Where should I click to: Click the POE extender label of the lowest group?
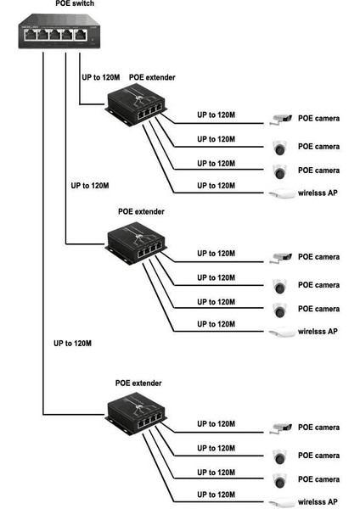pos(138,383)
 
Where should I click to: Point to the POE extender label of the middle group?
pos(141,211)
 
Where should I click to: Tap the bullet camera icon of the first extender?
pos(280,119)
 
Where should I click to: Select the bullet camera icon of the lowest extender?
pos(280,428)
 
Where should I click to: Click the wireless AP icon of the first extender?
pos(281,194)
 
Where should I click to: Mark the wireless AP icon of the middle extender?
pos(281,333)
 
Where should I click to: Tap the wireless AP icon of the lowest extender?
pos(281,503)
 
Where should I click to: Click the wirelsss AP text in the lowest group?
pos(318,502)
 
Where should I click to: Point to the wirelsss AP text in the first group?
pos(318,193)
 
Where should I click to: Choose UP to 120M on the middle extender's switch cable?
pos(89,184)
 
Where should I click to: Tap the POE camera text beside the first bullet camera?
pos(318,118)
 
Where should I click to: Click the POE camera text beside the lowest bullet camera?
pos(318,427)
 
